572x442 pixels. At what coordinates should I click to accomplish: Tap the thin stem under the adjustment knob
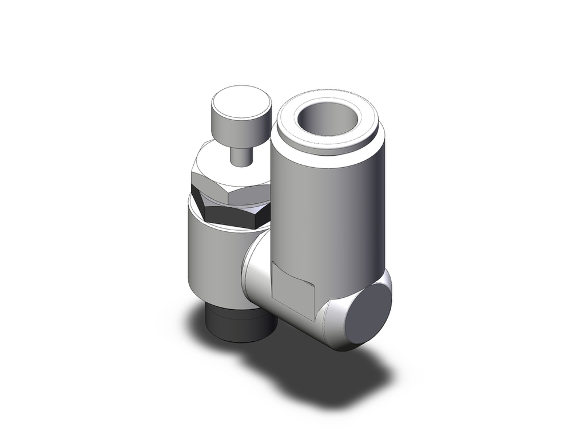click(x=240, y=153)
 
